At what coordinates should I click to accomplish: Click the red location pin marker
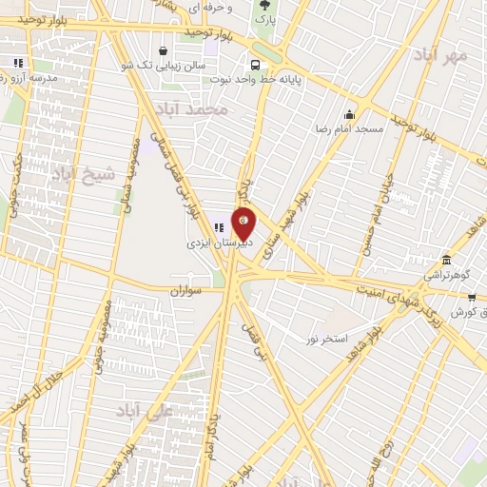point(244,224)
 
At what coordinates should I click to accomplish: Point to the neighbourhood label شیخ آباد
point(82,174)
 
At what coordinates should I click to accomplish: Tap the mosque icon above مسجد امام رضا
point(349,115)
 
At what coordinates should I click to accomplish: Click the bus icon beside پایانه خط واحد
point(254,65)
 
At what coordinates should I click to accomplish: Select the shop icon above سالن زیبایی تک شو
point(165,50)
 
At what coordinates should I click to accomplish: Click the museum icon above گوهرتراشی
point(445,261)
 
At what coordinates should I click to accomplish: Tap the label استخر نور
point(327,339)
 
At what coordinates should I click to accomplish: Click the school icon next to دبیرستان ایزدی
point(219,227)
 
